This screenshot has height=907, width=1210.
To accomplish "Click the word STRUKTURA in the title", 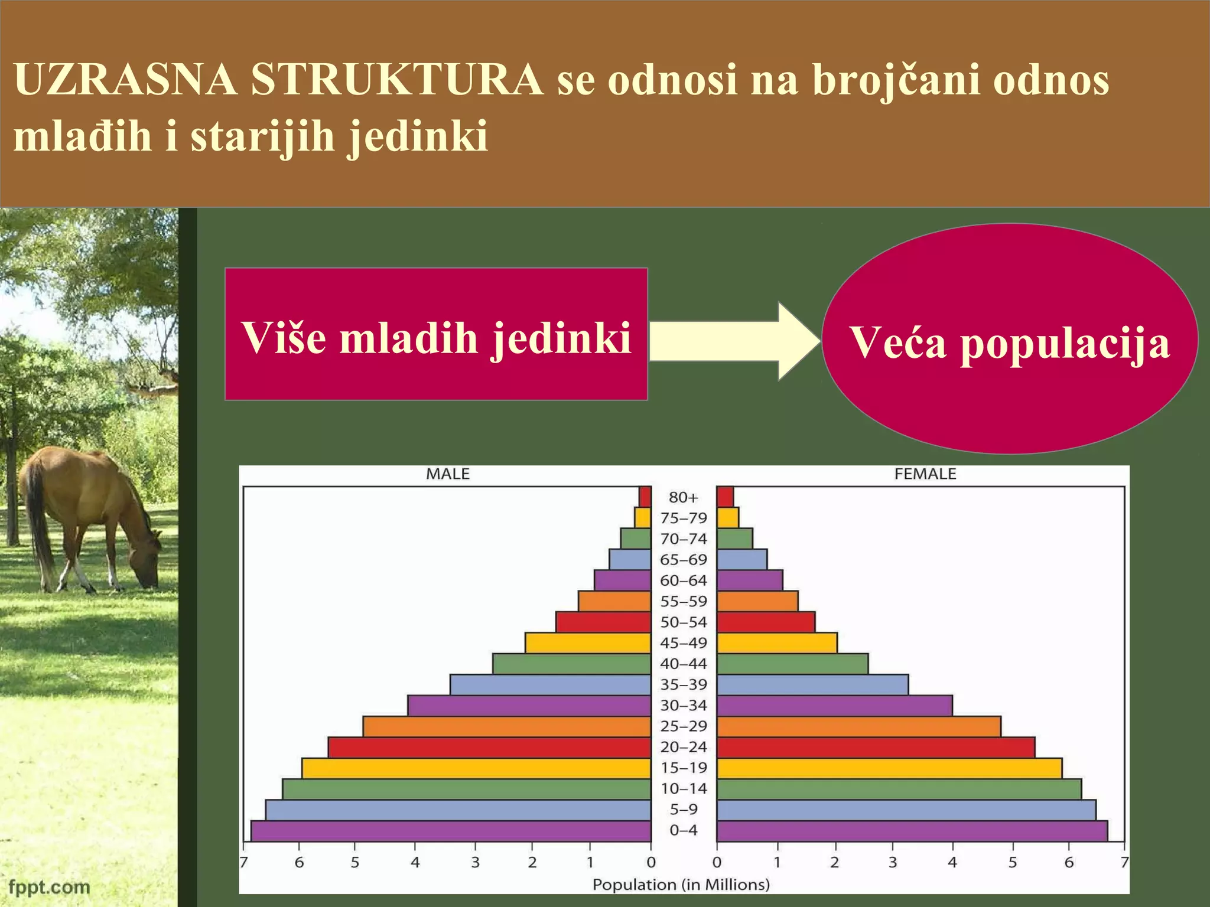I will tap(397, 80).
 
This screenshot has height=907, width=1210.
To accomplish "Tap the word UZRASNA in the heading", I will tap(125, 80).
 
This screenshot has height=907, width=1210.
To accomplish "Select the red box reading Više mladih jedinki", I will tap(436, 334).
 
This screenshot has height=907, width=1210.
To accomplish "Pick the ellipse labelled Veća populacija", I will tap(1009, 339).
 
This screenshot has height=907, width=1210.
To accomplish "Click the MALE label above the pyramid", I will tap(448, 474).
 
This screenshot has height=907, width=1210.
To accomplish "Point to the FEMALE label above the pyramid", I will tap(925, 474).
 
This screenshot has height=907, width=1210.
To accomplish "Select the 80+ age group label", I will tap(683, 498).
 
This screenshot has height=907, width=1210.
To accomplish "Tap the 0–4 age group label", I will tap(683, 830).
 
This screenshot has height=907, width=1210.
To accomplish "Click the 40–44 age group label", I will tap(683, 664).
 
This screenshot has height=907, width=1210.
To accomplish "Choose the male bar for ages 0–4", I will tap(451, 831).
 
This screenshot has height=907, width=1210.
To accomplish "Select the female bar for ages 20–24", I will tap(876, 748).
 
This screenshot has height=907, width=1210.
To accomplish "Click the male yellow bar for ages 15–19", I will tap(476, 768).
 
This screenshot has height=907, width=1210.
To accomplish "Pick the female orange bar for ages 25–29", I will tap(858, 726).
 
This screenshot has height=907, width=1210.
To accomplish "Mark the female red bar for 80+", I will tap(725, 497).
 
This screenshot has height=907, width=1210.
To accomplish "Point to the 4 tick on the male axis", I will tap(415, 863).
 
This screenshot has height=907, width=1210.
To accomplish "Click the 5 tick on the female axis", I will tap(1013, 863).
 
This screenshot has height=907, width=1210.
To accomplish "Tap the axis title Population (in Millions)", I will tap(681, 885).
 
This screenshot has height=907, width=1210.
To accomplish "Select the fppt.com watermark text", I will tap(50, 887).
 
